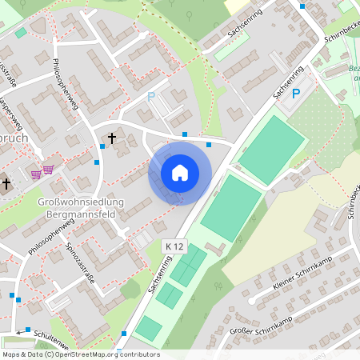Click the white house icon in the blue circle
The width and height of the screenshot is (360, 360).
coord(180,172)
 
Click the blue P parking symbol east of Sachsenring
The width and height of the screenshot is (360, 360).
coord(295,94)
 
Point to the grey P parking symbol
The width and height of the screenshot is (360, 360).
coord(152,97)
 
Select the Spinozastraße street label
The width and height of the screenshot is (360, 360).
coord(79,260)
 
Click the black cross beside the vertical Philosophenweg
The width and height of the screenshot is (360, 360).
coord(111,139)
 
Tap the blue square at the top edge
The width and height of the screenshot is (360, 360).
coord(302,6)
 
